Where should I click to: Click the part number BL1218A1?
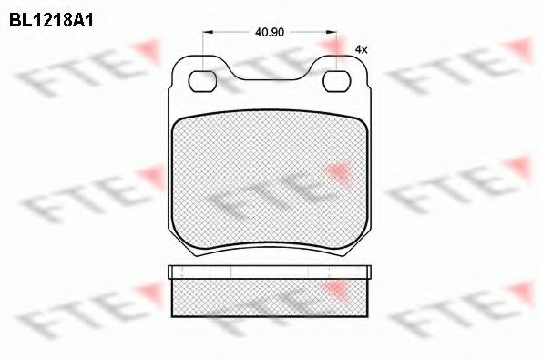(51, 21)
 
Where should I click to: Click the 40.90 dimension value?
(270, 32)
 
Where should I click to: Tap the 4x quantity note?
(362, 50)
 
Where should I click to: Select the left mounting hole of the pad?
(202, 81)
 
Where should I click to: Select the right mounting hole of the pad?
(337, 81)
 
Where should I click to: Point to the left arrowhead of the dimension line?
(209, 32)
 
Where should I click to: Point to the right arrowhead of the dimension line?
(331, 32)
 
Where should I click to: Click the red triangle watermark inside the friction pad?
(338, 173)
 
